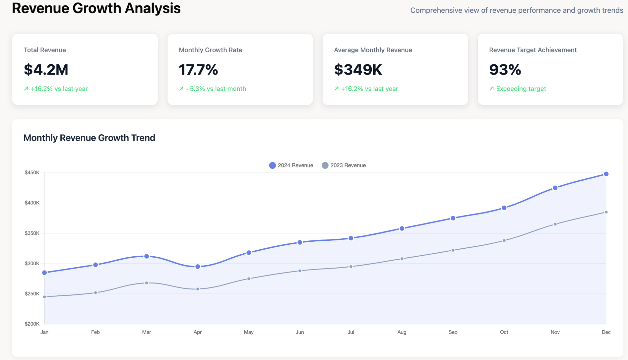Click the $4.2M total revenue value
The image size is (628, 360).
[x=46, y=70]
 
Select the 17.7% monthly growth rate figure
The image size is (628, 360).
[x=198, y=70]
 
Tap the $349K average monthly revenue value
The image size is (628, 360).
[x=358, y=70]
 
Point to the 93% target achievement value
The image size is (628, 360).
[x=505, y=70]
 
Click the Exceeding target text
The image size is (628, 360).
[x=521, y=89]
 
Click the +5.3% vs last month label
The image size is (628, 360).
[x=216, y=89]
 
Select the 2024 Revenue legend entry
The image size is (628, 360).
[x=291, y=165]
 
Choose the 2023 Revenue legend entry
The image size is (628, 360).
[x=344, y=165]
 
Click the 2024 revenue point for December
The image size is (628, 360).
[x=606, y=174]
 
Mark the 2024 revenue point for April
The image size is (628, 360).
[x=198, y=266]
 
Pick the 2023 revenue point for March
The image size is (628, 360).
[x=147, y=283]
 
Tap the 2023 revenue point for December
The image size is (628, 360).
[x=606, y=212]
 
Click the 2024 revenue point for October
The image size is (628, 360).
[x=504, y=208]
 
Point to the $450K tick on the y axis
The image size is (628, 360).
[x=32, y=173]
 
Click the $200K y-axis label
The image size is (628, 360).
[x=32, y=324]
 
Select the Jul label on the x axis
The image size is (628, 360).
[x=351, y=332]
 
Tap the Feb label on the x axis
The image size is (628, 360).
[x=95, y=332]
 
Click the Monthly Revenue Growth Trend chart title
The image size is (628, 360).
[x=89, y=138]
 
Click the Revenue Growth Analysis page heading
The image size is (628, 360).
[x=96, y=8]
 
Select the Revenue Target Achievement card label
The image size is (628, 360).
[x=533, y=50]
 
